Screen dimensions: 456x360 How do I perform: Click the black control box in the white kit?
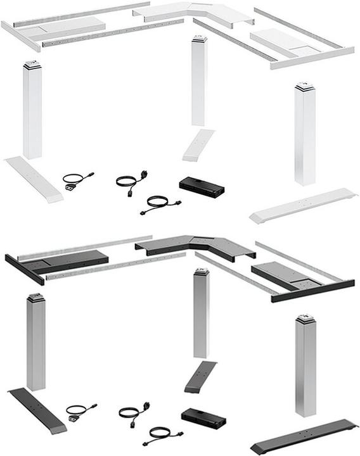click(x=202, y=186)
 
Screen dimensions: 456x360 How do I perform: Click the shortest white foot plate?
click(x=198, y=145)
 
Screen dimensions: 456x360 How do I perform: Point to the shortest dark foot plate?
click(x=200, y=376)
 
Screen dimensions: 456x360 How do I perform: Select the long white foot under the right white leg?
click(x=302, y=205)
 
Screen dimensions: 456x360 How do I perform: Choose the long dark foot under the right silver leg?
click(x=304, y=434)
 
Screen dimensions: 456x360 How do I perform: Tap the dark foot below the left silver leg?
click(x=37, y=410)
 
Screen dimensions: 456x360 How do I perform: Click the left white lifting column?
click(x=32, y=111)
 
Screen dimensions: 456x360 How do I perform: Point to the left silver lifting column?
click(x=36, y=342)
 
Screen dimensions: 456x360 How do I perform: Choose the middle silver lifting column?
click(x=201, y=313)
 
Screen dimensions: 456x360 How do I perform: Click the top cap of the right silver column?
click(x=305, y=319)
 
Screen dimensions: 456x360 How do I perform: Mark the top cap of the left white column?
click(x=32, y=65)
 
